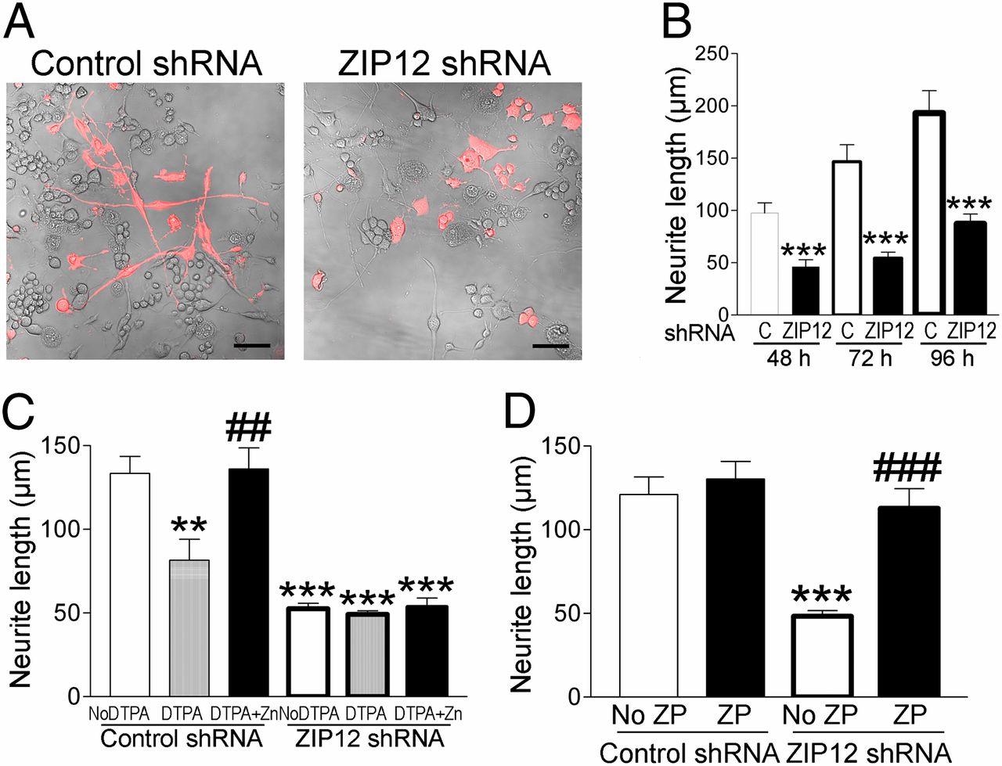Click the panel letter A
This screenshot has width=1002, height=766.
(19, 23)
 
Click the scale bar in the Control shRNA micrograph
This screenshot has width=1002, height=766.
(251, 344)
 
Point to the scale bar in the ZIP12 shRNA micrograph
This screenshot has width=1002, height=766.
(550, 344)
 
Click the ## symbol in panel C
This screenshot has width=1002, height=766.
(248, 428)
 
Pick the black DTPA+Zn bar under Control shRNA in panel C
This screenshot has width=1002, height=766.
(248, 583)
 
